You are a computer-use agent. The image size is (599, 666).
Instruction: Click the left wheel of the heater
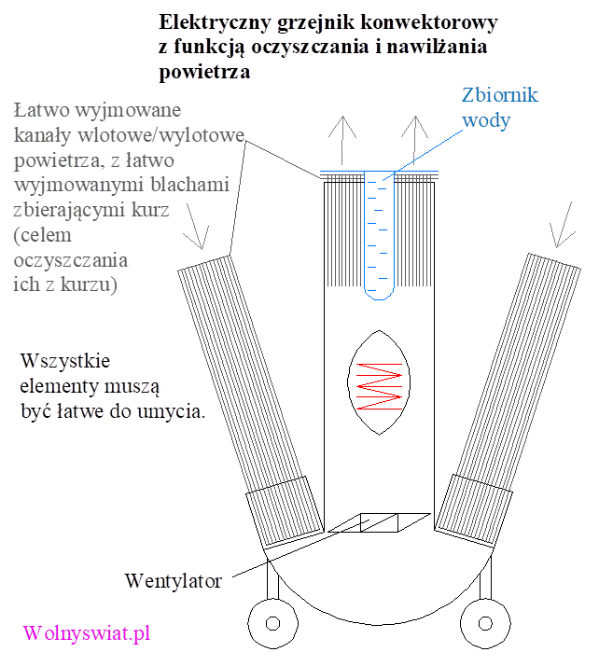[x=272, y=621]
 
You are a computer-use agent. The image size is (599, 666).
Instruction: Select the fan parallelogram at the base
[x=378, y=523]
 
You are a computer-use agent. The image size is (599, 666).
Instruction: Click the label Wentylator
[x=174, y=581]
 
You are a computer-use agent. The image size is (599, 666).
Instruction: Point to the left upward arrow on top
[x=345, y=140]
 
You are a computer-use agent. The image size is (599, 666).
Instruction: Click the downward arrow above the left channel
[x=193, y=229]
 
